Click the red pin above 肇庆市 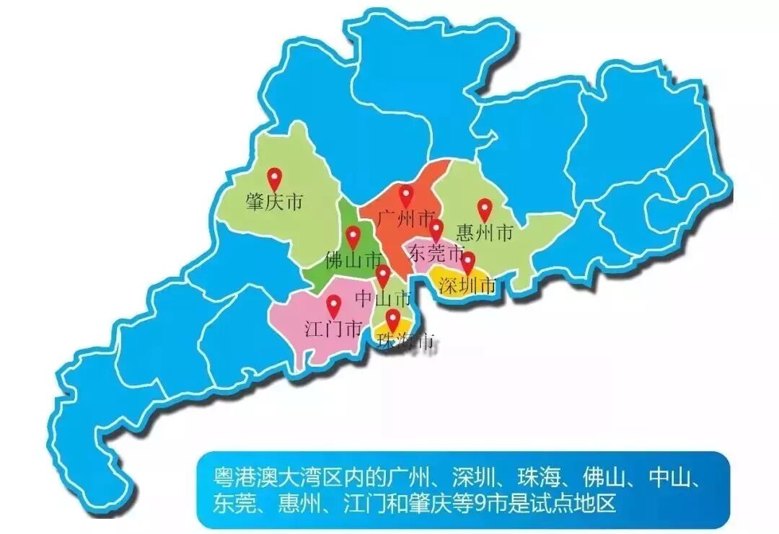[x=274, y=177]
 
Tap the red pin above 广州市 [x=407, y=195]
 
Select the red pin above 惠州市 [x=485, y=208]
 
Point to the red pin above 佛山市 [x=353, y=236]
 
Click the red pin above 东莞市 [x=436, y=230]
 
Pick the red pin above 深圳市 [x=468, y=262]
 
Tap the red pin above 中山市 [x=383, y=275]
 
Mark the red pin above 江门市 [x=333, y=306]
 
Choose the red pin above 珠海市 [x=392, y=319]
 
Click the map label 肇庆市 [x=274, y=203]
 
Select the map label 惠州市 [x=485, y=233]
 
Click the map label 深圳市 [x=468, y=286]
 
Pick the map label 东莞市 [x=436, y=253]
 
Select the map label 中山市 [x=383, y=298]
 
